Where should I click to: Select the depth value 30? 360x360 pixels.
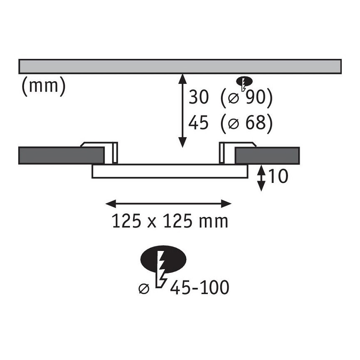click(x=199, y=97)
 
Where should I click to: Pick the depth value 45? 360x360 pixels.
click(x=198, y=122)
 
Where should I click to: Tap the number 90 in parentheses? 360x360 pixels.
click(x=255, y=97)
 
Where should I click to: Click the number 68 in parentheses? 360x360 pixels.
click(x=255, y=122)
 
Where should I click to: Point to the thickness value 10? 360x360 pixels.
click(x=278, y=176)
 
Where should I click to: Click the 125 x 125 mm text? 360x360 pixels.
click(x=170, y=221)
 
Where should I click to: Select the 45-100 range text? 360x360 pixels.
click(x=199, y=287)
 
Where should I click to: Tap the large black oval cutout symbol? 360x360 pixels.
click(x=163, y=260)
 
